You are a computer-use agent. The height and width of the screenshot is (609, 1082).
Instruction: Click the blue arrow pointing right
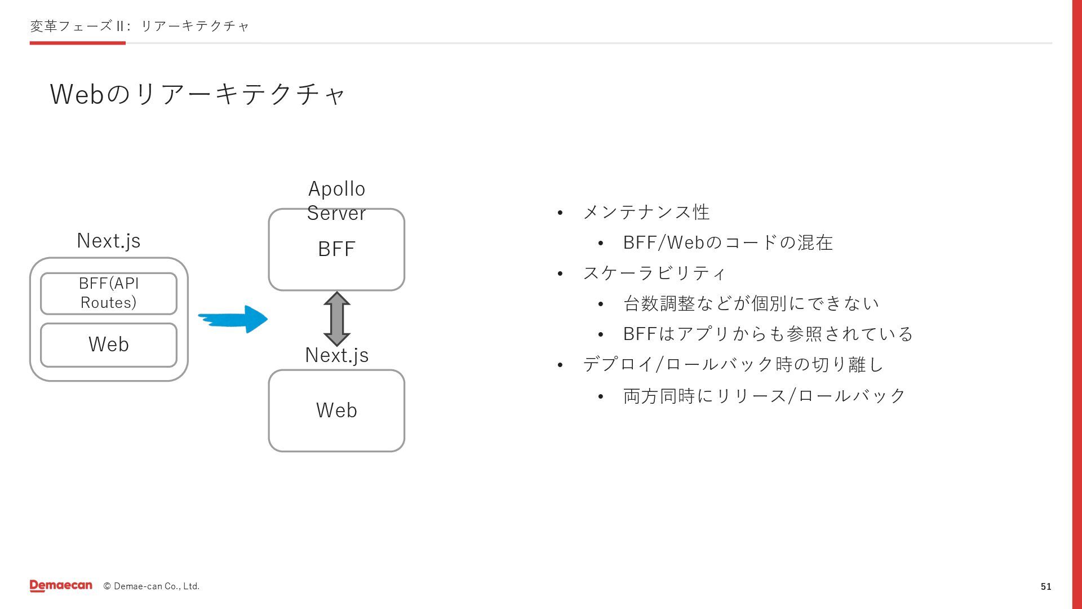pos(234,319)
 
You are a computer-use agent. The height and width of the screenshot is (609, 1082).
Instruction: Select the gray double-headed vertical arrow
pos(337,319)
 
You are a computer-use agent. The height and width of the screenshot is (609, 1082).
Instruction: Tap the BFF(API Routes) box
pos(109,293)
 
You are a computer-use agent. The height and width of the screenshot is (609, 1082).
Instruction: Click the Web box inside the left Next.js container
pos(109,345)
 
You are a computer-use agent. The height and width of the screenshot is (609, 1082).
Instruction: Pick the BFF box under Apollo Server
pos(336,250)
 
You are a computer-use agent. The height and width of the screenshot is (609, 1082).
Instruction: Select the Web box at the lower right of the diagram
pos(336,411)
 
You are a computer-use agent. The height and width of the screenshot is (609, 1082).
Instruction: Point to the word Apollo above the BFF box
pos(336,189)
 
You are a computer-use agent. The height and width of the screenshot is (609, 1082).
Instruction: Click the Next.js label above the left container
pos(109,241)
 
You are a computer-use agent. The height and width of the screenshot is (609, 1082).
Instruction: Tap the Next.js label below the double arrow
pos(336,355)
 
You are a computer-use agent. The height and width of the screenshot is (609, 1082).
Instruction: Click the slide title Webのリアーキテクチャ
pos(197,94)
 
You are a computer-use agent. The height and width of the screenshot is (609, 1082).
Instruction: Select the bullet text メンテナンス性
pos(646,213)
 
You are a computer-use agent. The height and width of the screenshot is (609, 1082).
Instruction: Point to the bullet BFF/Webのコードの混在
pos(728,243)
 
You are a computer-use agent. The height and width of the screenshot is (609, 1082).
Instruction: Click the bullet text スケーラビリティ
pos(654,273)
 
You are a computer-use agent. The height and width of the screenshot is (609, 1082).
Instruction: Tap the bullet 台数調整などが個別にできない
pos(751,304)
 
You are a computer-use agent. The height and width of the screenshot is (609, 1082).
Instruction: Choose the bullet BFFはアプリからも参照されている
pos(768,334)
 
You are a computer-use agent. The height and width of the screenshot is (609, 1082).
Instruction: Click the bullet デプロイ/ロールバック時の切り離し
pos(733,365)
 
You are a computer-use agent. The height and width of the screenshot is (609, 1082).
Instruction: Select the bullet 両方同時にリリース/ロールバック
pos(764,396)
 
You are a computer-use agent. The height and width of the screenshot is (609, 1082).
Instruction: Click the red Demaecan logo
pos(61,586)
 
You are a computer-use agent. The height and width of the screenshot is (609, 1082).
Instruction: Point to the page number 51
pos(1046,586)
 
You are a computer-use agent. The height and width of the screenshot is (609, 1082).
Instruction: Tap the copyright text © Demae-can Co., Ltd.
pos(152,586)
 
